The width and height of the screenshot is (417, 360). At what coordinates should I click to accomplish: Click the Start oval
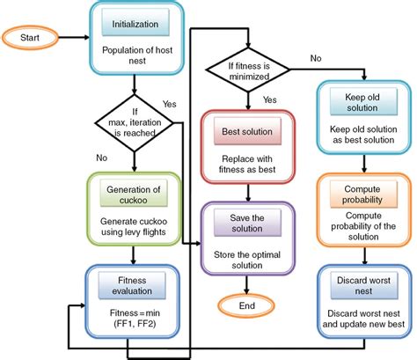click(x=30, y=38)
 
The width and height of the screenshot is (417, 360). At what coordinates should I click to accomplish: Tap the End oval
click(x=246, y=305)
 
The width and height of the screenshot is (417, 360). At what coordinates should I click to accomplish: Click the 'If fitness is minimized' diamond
click(x=248, y=70)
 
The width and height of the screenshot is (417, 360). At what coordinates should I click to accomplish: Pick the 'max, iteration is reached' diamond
click(x=135, y=123)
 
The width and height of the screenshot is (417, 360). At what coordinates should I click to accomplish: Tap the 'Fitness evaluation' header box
click(x=132, y=285)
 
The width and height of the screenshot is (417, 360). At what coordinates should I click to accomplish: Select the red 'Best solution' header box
click(x=247, y=131)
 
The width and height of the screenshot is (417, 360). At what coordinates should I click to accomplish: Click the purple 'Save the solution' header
click(x=247, y=223)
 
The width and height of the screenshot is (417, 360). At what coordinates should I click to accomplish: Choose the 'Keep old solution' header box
click(x=363, y=101)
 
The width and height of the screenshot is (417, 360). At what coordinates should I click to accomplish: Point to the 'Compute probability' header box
click(x=363, y=194)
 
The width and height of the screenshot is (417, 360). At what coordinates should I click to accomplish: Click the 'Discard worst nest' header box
click(x=364, y=285)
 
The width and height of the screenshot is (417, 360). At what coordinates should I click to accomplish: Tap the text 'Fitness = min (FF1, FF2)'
click(x=135, y=319)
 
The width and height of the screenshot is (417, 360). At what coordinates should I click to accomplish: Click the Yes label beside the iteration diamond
click(x=170, y=104)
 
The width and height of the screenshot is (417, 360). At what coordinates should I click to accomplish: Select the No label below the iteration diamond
click(x=102, y=158)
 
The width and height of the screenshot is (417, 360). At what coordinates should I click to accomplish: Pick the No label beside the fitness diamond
click(x=316, y=58)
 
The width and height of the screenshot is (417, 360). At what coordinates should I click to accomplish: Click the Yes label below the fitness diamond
click(x=270, y=99)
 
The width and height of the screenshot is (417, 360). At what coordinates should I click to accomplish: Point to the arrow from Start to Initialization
click(x=74, y=38)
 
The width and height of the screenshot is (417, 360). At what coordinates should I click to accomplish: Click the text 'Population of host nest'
click(x=137, y=55)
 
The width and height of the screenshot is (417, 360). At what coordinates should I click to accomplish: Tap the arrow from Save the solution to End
click(x=246, y=284)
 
